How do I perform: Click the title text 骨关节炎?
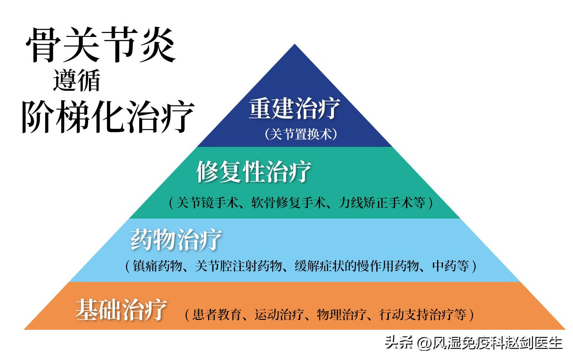pos(100,45)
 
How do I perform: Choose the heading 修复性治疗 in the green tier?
pos(254,172)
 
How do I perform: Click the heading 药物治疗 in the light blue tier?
pos(176,240)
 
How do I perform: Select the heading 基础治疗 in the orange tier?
pos(122,310)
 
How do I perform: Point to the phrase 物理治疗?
pos(342,314)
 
